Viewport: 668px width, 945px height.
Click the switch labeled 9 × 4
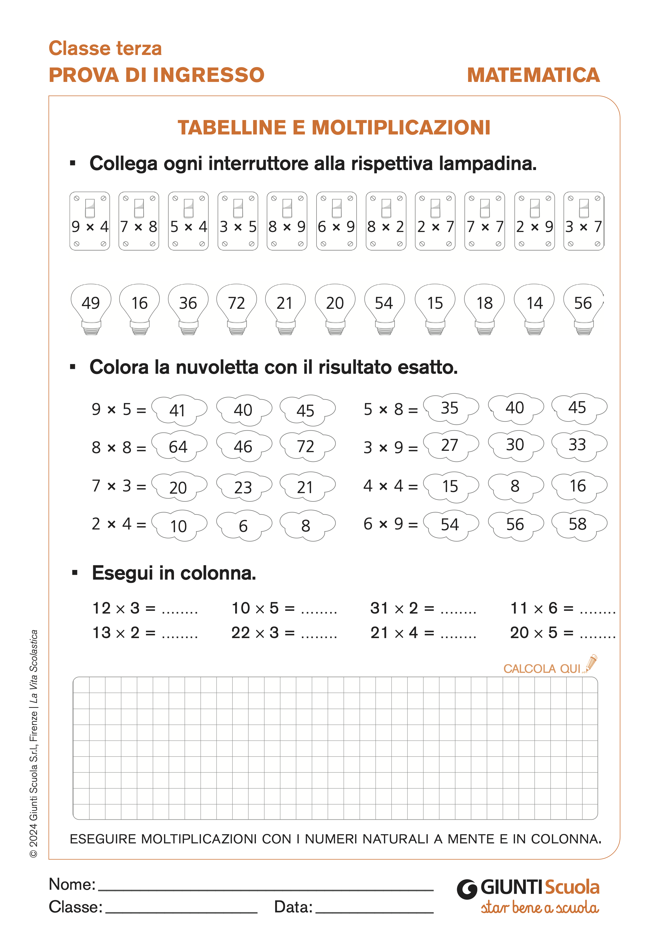(90, 221)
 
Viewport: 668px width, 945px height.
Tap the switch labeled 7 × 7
(485, 221)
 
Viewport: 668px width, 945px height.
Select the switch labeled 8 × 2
(386, 221)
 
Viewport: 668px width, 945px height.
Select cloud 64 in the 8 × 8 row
(179, 446)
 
